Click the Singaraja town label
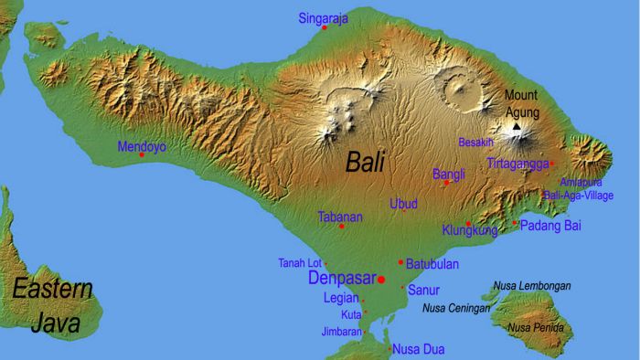[324, 17]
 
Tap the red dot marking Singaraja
[324, 28]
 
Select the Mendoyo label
[141, 145]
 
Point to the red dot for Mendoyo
[141, 155]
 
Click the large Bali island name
[365, 163]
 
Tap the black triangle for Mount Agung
[517, 128]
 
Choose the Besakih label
[476, 142]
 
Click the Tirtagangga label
[517, 164]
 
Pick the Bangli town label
[448, 174]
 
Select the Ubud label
[404, 203]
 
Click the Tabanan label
[340, 217]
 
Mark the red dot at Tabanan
[342, 227]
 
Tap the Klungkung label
[469, 231]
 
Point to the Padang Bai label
[550, 225]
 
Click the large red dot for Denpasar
[381, 279]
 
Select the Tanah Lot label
[300, 263]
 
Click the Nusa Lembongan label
[531, 286]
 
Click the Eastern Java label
[52, 306]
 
